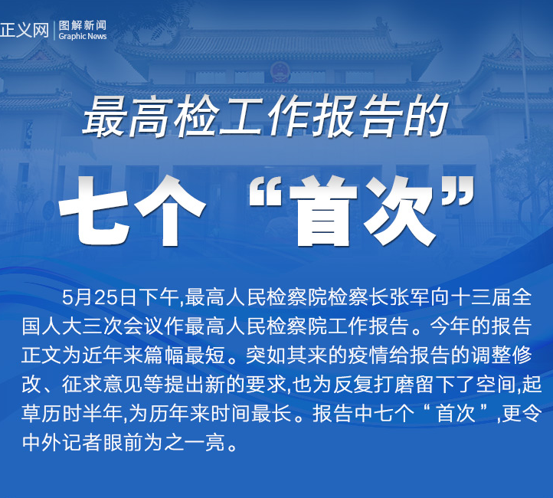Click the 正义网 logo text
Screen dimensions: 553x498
pos(25,30)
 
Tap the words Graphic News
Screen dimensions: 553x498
pos(83,36)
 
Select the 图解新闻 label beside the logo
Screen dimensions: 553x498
pos(83,25)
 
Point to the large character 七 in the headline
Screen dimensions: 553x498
pos(94,211)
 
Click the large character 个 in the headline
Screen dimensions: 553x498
pos(170,211)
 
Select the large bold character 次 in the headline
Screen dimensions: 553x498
pos(399,211)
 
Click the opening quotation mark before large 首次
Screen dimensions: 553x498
pos(265,194)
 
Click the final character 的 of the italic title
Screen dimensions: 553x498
pos(426,116)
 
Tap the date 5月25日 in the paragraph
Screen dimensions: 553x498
pos(100,297)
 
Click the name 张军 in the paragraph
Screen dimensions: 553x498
pos(411,297)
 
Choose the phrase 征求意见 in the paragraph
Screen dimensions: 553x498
pos(103,384)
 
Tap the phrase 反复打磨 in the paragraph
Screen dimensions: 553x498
pos(375,384)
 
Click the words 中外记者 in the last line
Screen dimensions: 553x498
pos(63,442)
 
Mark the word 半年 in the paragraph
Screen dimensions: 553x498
pos(103,413)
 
